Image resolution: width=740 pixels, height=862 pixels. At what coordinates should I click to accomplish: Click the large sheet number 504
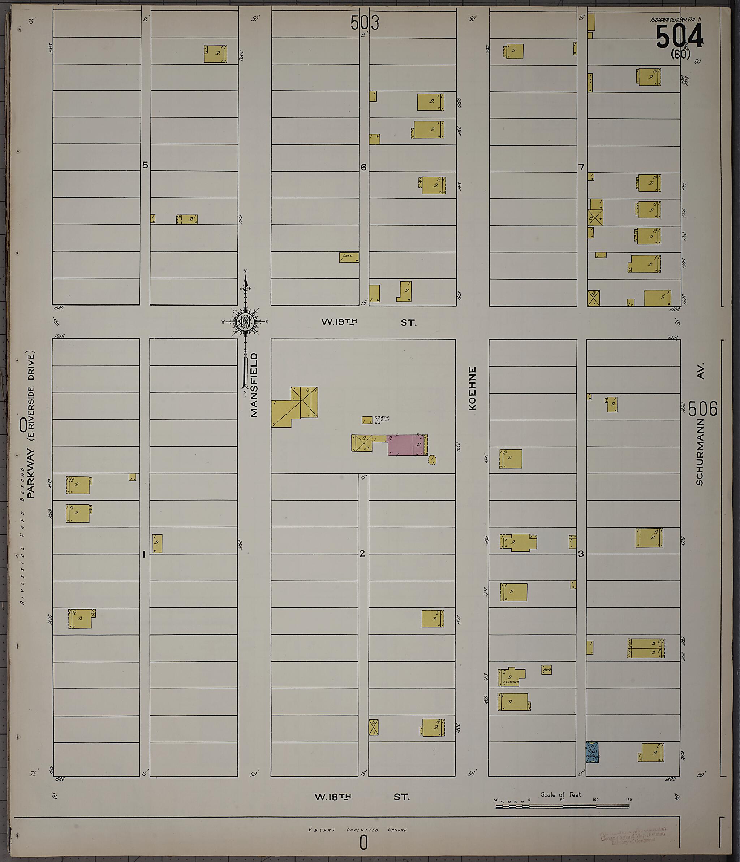point(679,36)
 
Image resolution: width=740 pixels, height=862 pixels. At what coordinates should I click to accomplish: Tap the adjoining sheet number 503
point(365,22)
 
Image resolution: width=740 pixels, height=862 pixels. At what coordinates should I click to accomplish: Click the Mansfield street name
point(254,385)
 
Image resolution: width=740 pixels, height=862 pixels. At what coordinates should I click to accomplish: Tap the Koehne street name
point(472,388)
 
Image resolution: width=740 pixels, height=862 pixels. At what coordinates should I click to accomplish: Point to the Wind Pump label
point(384,419)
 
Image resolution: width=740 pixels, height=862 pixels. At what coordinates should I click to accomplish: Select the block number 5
point(145,165)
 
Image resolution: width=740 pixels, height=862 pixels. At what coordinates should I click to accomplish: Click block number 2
point(362,553)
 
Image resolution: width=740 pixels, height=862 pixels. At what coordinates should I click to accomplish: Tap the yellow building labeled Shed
point(349,257)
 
